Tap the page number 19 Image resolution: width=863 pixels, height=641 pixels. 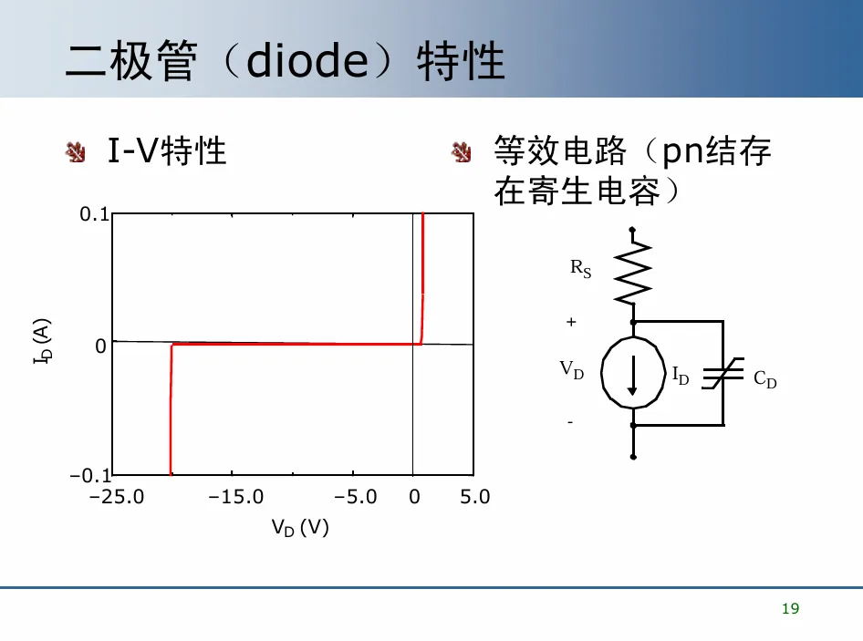click(x=790, y=609)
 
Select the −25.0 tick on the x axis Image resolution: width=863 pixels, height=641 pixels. click(x=117, y=497)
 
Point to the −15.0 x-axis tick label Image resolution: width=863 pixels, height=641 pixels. click(x=235, y=497)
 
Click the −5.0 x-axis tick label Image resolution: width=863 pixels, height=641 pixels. click(x=357, y=497)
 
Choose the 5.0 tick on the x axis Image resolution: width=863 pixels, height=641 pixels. click(x=474, y=497)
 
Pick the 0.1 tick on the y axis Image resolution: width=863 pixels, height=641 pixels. click(x=95, y=215)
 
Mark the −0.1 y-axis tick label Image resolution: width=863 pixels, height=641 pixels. click(x=88, y=476)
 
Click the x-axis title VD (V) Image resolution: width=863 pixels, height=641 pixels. click(x=299, y=527)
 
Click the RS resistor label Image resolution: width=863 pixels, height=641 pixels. click(x=581, y=268)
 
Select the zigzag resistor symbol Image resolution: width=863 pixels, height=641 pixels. click(x=633, y=270)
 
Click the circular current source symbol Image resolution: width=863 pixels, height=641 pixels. click(x=632, y=373)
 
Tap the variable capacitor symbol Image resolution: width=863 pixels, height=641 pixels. click(x=723, y=374)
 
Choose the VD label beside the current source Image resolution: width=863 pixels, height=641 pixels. click(x=572, y=369)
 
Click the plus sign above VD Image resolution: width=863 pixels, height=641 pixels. click(x=572, y=322)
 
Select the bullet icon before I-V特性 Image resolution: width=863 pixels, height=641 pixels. click(x=76, y=151)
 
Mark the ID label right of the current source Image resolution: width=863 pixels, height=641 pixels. click(x=680, y=375)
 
